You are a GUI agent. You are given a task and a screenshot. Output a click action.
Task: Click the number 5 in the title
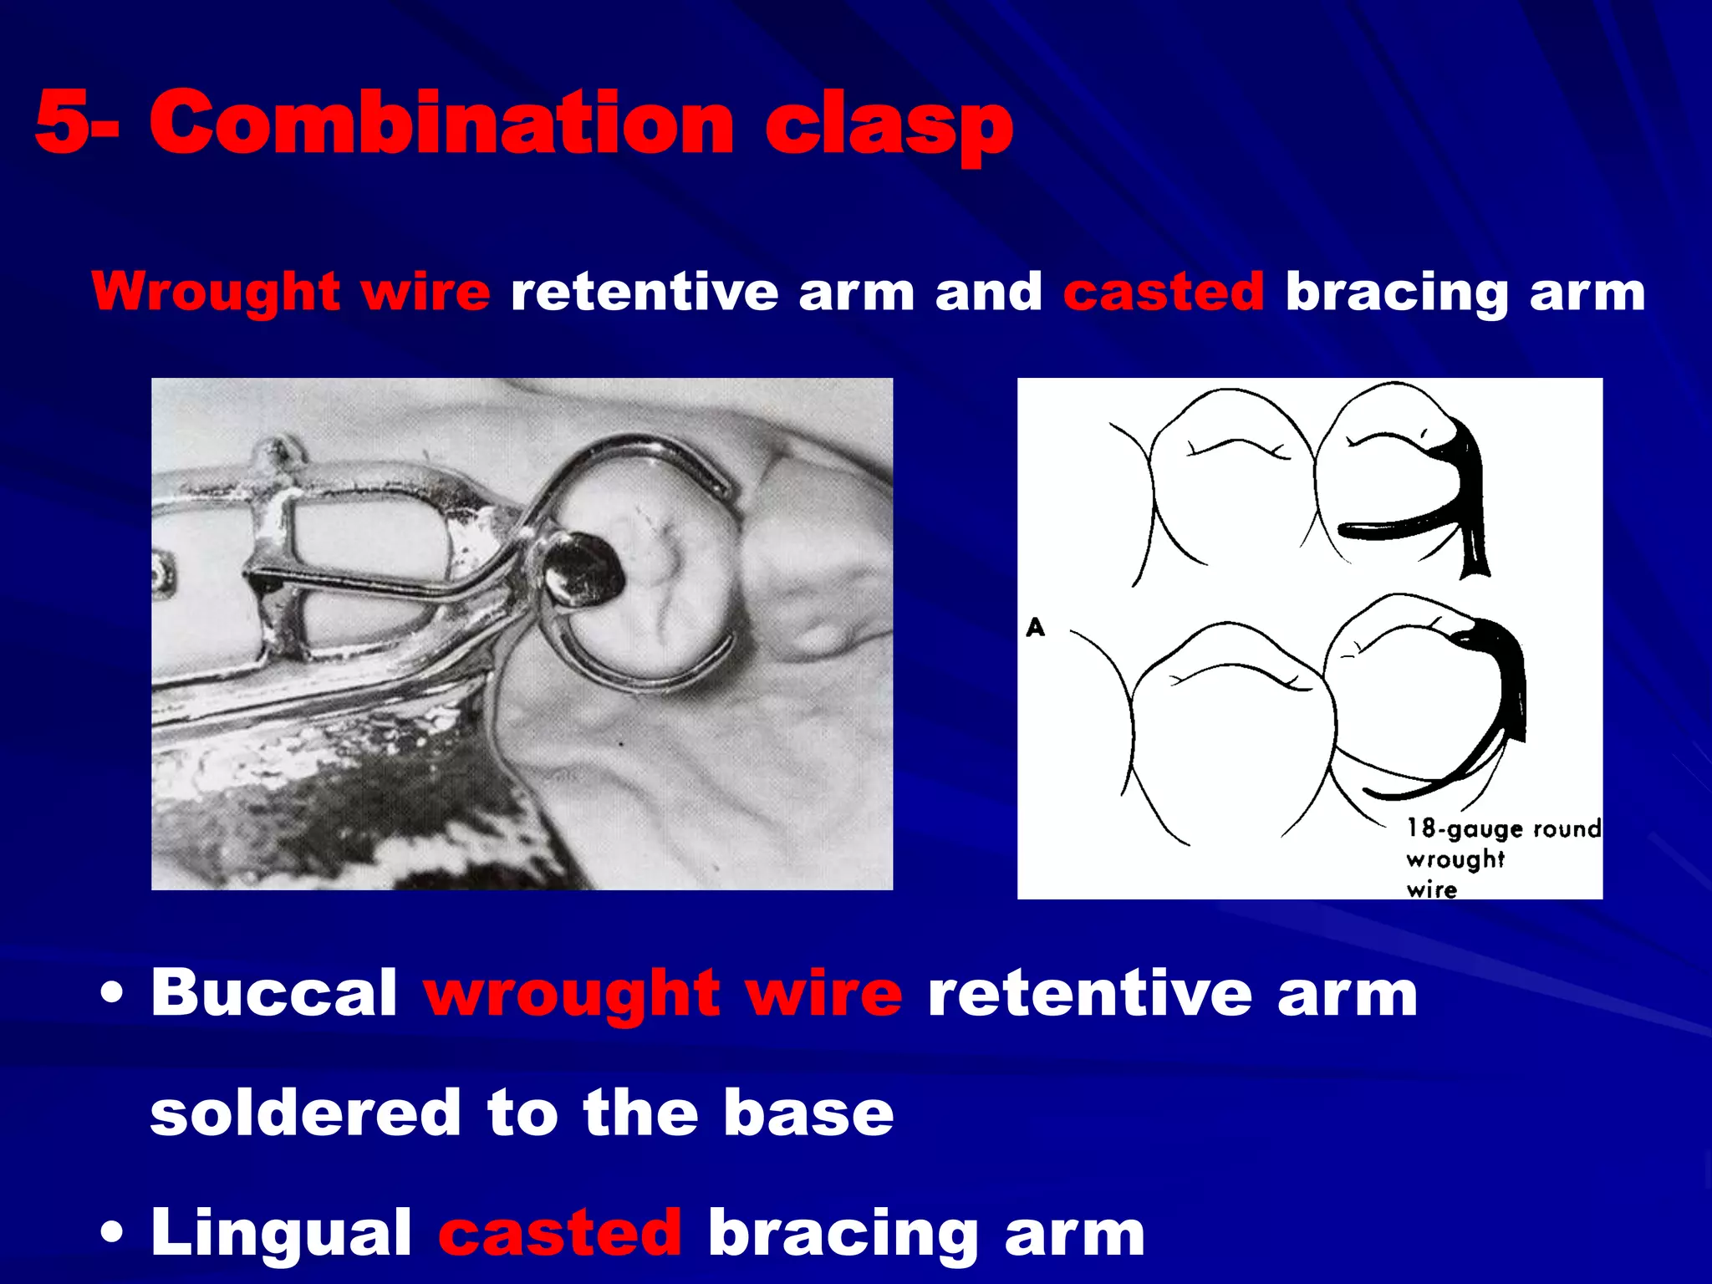pos(62,123)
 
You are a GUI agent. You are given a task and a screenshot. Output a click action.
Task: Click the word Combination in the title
pos(442,123)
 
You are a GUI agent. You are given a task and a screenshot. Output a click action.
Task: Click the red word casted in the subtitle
pos(1163,293)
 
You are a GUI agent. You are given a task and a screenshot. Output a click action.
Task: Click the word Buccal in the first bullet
pos(274,993)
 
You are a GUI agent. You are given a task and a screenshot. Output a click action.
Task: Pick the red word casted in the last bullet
pos(560,1233)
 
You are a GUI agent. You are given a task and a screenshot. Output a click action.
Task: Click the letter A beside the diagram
pos(1035,627)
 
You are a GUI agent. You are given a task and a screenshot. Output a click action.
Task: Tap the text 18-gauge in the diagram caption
pos(1464,828)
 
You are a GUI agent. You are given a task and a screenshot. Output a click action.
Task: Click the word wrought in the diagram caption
pos(1455,859)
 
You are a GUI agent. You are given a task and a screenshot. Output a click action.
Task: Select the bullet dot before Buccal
pos(110,995)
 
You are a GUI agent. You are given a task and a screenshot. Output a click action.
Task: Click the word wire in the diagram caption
pos(1431,889)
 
